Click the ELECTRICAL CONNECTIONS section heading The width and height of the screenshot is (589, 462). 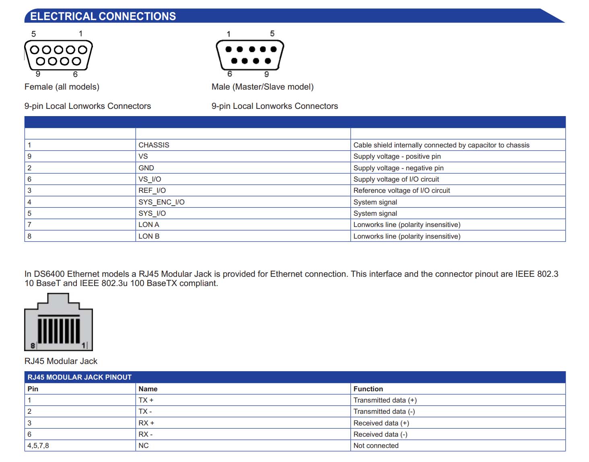point(103,16)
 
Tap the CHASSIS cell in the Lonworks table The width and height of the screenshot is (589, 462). point(154,145)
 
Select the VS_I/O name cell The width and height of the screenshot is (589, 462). point(150,179)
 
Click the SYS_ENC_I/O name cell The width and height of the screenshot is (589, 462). point(161,202)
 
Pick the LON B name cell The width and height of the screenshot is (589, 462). point(149,236)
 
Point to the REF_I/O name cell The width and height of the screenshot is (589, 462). point(152,190)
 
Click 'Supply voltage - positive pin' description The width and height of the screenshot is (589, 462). point(397,156)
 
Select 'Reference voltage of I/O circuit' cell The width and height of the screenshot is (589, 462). point(402,190)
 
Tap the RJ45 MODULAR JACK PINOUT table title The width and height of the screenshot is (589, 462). point(79,377)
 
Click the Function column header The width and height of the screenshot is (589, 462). point(368,389)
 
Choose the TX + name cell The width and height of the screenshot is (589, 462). point(146,400)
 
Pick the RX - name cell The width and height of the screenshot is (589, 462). point(145,434)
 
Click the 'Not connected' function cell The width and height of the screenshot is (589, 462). point(376,446)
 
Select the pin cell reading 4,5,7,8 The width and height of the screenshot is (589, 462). point(38,446)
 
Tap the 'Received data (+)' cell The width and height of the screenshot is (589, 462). point(381,423)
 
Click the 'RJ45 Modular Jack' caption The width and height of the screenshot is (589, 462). point(61,361)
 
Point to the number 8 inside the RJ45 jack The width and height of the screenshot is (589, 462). point(33,345)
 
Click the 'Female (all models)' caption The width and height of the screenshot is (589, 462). point(62,87)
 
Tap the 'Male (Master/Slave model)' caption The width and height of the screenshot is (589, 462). point(262,87)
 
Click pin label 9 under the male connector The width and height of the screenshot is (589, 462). point(266,74)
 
